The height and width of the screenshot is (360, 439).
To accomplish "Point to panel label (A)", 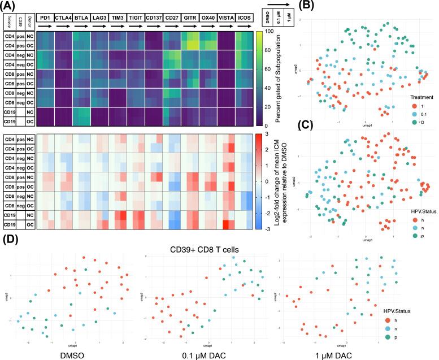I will (10, 6).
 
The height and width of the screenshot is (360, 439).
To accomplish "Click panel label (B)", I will (308, 6).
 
